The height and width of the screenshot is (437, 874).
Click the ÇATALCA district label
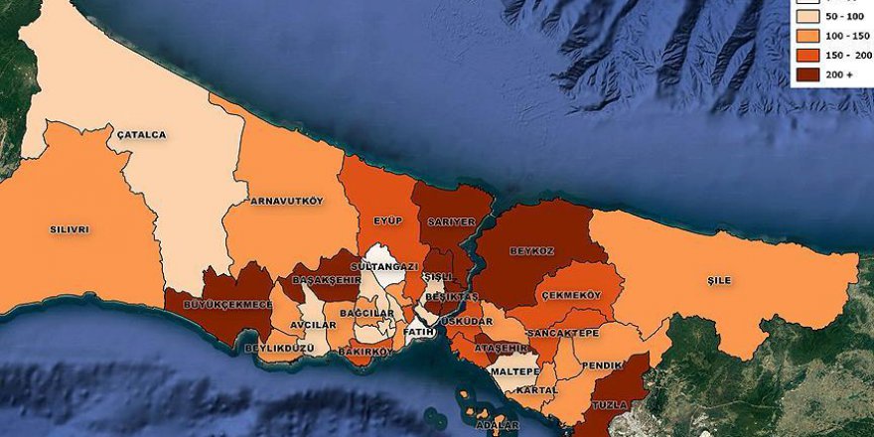point(141,134)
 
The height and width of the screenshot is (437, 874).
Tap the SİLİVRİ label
point(70,229)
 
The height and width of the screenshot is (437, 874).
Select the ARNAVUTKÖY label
point(287,200)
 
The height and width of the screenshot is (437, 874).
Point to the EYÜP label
point(388,220)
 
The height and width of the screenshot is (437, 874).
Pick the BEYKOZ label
point(531,251)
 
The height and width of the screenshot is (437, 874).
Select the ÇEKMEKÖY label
point(571,295)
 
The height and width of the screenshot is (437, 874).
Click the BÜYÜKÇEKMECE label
point(218,304)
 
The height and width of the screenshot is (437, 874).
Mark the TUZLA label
point(610,405)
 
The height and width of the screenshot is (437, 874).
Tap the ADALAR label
point(498,425)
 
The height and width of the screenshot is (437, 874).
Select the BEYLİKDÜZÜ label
point(279,348)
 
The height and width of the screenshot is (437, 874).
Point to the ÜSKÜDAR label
point(467,322)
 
